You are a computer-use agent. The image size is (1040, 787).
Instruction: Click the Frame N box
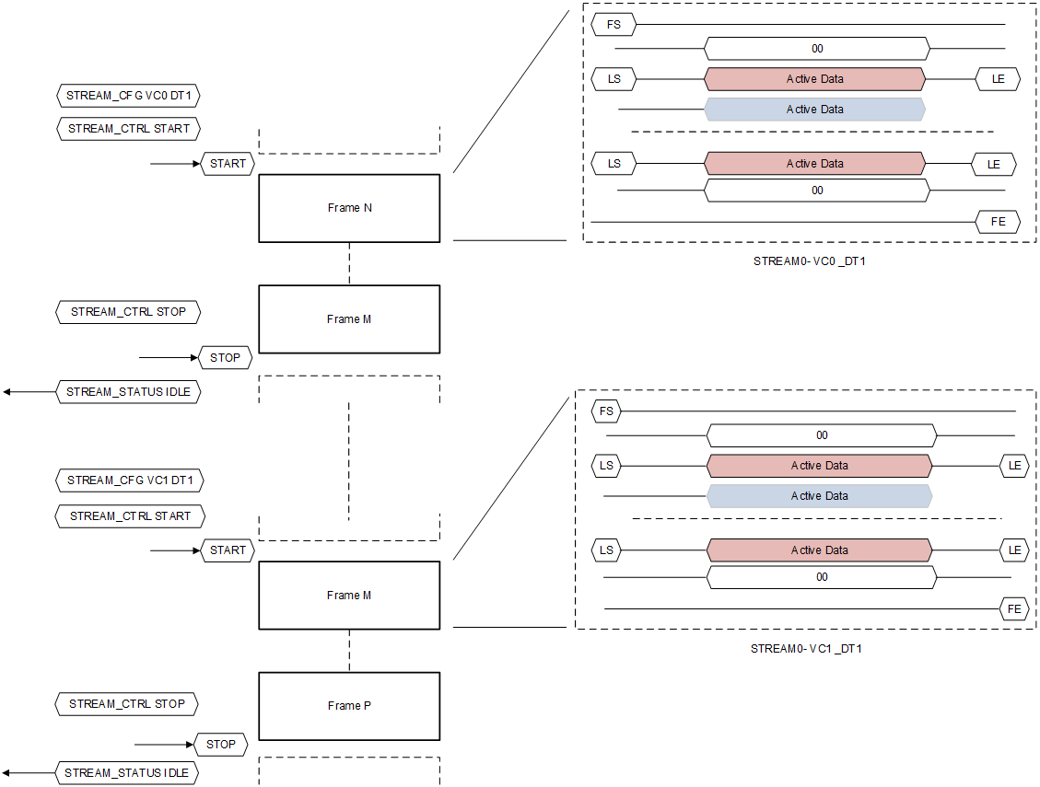[349, 208]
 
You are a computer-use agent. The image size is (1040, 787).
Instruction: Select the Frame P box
[349, 706]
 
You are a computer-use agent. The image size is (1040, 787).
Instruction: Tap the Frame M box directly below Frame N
[349, 319]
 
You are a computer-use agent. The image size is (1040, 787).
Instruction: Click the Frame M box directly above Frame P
[349, 596]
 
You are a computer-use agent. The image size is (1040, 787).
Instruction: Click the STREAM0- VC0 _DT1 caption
[809, 261]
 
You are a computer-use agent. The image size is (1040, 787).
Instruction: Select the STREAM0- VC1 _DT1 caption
[806, 649]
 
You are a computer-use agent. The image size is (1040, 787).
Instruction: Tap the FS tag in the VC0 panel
[613, 24]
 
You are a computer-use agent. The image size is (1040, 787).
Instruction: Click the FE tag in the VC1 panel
[1014, 608]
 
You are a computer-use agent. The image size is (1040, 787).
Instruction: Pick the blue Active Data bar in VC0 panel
[815, 110]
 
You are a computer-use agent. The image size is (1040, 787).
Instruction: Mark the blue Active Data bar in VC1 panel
[819, 496]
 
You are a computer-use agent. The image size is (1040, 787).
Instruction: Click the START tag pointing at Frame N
[228, 164]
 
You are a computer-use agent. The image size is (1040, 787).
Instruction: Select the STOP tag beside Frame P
[221, 745]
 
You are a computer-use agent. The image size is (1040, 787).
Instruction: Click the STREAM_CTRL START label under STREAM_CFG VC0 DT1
[129, 129]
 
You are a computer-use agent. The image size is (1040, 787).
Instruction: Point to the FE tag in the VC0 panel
[998, 222]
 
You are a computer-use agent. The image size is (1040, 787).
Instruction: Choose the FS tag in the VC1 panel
[606, 411]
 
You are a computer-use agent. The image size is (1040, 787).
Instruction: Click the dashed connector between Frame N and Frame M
[349, 263]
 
